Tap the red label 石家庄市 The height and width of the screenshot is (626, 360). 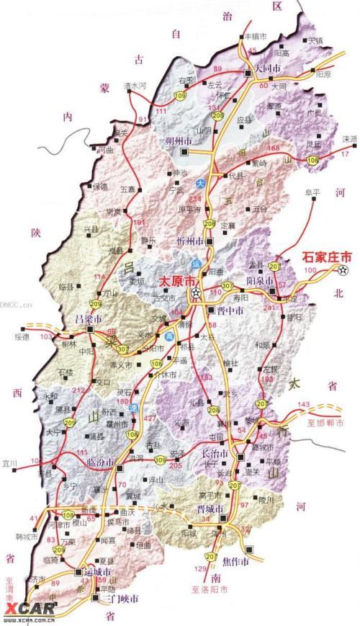[325, 256]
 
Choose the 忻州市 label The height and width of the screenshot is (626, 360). [191, 240]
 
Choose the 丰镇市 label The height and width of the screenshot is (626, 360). [257, 35]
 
